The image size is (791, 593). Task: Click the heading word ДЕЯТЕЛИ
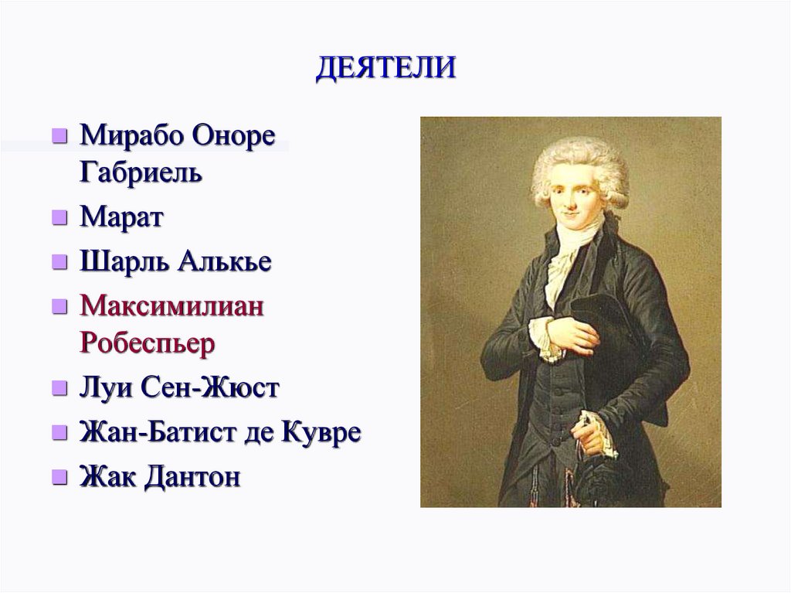[386, 68]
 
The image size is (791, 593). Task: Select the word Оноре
[235, 136]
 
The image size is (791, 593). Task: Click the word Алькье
[225, 261]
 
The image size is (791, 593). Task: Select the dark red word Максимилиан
[171, 306]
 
